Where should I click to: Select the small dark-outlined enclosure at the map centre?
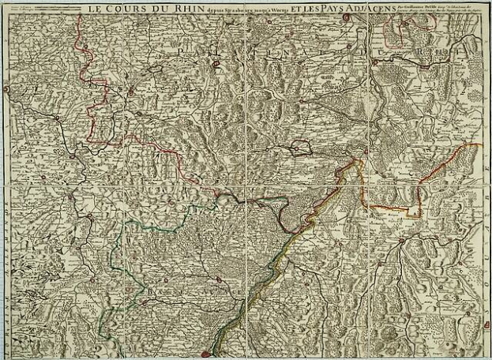pos(302,146)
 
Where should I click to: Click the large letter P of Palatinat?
pos(183,50)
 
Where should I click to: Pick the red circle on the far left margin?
pos(6,89)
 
